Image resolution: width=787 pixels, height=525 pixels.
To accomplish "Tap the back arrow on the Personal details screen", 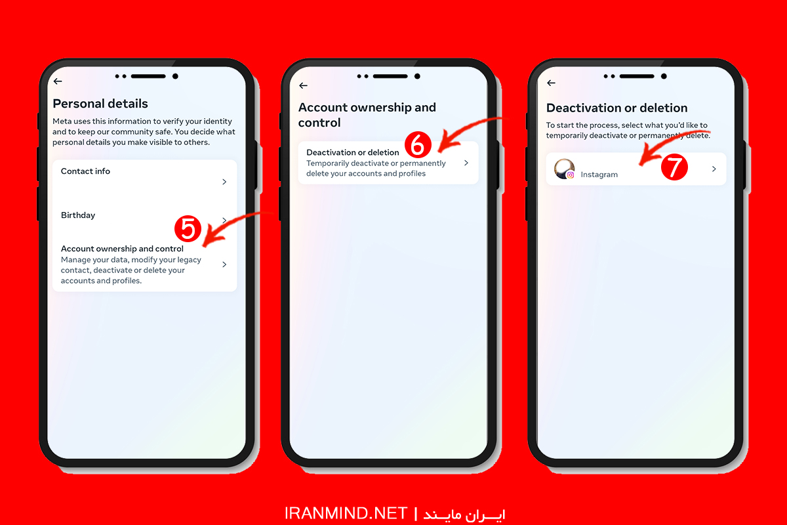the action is (x=58, y=81).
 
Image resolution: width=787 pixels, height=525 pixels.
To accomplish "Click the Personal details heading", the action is (x=100, y=104).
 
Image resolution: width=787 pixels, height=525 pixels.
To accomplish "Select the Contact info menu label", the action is (x=85, y=171).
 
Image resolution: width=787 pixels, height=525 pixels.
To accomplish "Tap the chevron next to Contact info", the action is (x=224, y=182).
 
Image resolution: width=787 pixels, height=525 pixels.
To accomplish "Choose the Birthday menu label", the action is (x=78, y=215).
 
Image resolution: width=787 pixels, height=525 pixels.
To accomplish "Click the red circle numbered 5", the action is (x=188, y=229).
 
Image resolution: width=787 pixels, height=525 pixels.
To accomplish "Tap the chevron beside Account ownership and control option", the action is (x=224, y=264).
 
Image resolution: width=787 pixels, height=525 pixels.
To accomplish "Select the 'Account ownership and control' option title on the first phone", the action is (x=122, y=249).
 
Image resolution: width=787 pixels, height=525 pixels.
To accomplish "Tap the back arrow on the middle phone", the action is (x=303, y=85).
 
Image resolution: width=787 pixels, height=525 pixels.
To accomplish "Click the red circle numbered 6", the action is (x=418, y=145).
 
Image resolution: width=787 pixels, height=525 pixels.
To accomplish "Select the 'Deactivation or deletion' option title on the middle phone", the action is (x=353, y=152).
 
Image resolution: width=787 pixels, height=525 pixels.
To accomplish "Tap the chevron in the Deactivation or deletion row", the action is (x=466, y=163).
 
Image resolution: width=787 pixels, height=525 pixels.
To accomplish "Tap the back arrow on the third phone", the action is (x=552, y=83).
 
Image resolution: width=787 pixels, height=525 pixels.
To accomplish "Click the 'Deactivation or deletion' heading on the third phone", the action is (x=616, y=108).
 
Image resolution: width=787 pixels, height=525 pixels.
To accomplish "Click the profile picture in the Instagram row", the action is (x=564, y=169).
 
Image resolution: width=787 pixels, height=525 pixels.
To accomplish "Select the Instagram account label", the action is (x=599, y=175).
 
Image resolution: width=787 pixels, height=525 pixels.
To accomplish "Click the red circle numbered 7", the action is (x=674, y=167).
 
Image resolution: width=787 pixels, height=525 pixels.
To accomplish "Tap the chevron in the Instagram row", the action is (x=714, y=169).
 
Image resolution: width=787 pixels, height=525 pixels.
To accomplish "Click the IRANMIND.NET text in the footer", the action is (x=346, y=513).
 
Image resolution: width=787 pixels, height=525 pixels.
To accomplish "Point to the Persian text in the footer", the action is (x=464, y=514).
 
